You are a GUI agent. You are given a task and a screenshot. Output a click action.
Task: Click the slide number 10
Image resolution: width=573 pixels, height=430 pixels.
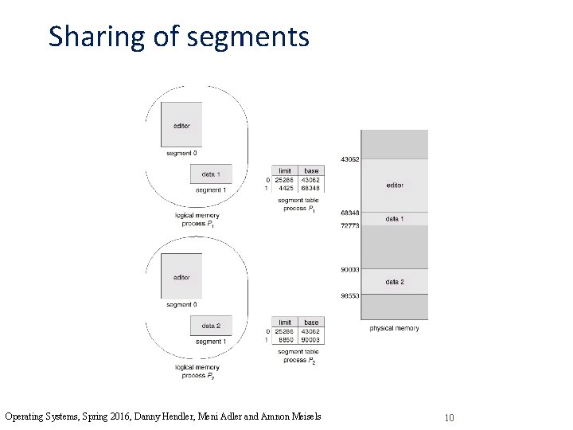pyautogui.click(x=450, y=417)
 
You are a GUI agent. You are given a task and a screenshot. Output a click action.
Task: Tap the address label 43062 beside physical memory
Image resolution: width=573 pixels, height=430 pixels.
pyautogui.click(x=350, y=159)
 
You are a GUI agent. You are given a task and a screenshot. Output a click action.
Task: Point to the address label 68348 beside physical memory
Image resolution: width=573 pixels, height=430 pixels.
pyautogui.click(x=350, y=213)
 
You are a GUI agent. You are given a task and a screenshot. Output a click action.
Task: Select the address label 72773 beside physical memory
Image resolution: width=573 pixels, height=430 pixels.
pyautogui.click(x=350, y=225)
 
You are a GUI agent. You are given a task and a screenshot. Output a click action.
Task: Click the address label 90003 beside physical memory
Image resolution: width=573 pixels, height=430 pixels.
pyautogui.click(x=350, y=270)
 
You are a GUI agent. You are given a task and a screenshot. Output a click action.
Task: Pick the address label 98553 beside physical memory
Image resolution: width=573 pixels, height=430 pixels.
pyautogui.click(x=350, y=295)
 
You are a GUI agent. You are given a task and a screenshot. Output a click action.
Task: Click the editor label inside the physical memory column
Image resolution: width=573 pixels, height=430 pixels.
pyautogui.click(x=395, y=186)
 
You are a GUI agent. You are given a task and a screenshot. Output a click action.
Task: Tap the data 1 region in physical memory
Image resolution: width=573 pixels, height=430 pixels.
pyautogui.click(x=395, y=218)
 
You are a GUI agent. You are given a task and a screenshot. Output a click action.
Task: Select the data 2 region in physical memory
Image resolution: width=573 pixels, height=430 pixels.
pyautogui.click(x=395, y=282)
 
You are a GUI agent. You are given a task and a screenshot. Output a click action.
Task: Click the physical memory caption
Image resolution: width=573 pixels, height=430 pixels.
pyautogui.click(x=394, y=328)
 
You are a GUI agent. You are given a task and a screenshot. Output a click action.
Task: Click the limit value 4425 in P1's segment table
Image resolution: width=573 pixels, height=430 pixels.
pyautogui.click(x=284, y=188)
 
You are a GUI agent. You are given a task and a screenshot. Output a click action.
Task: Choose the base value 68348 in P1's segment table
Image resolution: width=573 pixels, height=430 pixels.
pyautogui.click(x=311, y=188)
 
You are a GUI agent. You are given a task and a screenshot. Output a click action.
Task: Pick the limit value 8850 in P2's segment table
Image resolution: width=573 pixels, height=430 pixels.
pyautogui.click(x=284, y=340)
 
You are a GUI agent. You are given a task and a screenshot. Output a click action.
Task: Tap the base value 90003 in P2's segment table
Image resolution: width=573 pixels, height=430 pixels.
pyautogui.click(x=311, y=340)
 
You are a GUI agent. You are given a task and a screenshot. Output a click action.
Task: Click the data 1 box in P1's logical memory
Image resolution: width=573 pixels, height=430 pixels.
pyautogui.click(x=211, y=174)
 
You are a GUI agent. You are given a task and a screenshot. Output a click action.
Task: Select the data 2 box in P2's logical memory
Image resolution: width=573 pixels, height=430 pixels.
pyautogui.click(x=211, y=326)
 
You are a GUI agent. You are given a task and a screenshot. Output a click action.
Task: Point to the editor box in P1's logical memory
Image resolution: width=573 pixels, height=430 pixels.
pyautogui.click(x=181, y=125)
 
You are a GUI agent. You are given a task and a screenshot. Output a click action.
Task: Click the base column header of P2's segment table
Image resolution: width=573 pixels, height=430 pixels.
pyautogui.click(x=311, y=322)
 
